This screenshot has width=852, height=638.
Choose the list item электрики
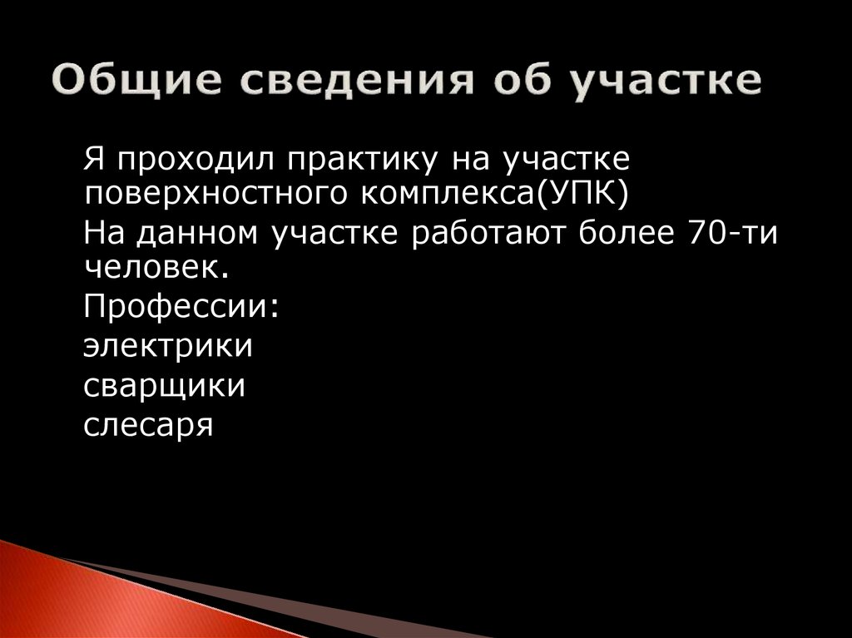coord(167,345)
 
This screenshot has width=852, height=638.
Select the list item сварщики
coord(164,385)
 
